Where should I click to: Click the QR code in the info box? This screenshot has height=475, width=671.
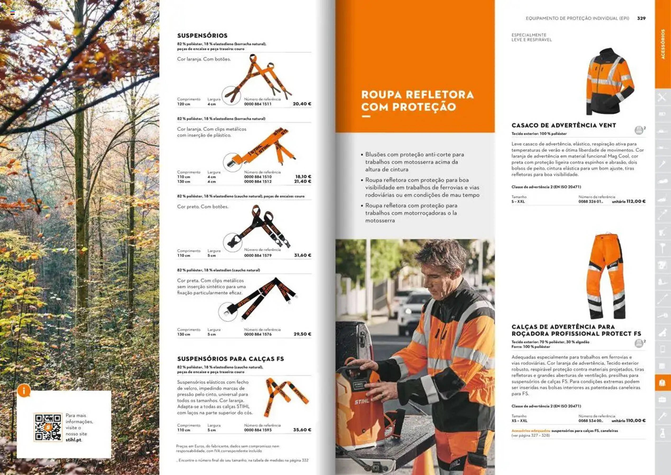pyautogui.click(x=48, y=427)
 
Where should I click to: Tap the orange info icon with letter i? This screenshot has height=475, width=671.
pyautogui.click(x=24, y=390)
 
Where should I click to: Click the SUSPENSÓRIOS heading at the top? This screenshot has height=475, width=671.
pyautogui.click(x=202, y=35)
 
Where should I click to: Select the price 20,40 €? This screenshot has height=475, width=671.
pyautogui.click(x=302, y=104)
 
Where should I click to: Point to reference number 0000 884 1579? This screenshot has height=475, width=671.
pyautogui.click(x=258, y=256)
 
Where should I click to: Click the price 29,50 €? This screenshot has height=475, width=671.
pyautogui.click(x=302, y=334)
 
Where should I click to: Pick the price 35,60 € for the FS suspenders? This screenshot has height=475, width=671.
pyautogui.click(x=302, y=430)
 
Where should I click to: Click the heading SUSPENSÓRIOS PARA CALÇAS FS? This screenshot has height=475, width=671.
pyautogui.click(x=230, y=359)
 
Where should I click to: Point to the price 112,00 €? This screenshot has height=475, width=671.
pyautogui.click(x=636, y=201)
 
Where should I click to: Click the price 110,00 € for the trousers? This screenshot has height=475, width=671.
pyautogui.click(x=636, y=421)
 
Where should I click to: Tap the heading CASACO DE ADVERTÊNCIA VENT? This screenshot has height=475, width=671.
pyautogui.click(x=564, y=125)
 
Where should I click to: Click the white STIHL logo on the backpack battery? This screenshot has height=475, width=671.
pyautogui.click(x=362, y=402)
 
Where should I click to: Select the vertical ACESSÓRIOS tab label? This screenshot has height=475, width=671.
pyautogui.click(x=662, y=44)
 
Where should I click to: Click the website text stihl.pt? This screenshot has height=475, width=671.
pyautogui.click(x=74, y=440)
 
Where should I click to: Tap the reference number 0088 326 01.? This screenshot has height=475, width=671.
pyautogui.click(x=591, y=202)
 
